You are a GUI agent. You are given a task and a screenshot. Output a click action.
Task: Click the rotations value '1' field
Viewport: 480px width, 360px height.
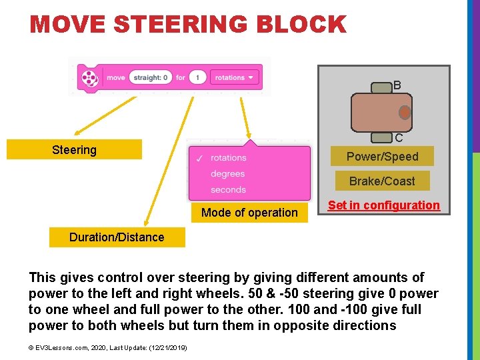click(197, 78)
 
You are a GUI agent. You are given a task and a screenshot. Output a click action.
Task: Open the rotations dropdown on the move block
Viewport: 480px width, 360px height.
click(235, 78)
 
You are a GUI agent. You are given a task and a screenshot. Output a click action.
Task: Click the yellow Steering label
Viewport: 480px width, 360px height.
click(74, 150)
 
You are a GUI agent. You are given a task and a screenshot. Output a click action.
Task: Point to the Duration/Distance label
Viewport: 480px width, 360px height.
click(117, 237)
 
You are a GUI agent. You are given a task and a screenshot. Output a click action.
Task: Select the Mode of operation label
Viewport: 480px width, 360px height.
click(249, 213)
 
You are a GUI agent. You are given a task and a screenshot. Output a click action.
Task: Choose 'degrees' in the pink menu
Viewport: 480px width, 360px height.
click(227, 174)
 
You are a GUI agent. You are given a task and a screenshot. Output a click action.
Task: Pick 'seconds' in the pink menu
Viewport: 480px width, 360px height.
click(228, 190)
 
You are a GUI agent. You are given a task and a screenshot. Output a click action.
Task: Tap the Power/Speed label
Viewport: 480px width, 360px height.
click(382, 157)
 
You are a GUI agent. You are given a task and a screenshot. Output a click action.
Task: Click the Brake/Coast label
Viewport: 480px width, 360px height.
click(382, 181)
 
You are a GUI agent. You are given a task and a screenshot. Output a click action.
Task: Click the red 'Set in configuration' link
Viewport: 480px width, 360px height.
click(384, 205)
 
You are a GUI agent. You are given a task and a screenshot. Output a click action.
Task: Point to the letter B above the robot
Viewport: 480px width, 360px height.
click(397, 85)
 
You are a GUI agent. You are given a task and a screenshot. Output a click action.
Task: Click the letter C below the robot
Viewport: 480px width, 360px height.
click(398, 139)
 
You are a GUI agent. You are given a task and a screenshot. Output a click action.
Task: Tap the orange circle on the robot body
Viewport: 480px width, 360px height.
click(405, 112)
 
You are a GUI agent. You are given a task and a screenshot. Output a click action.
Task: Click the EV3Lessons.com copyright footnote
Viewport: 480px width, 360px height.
click(108, 347)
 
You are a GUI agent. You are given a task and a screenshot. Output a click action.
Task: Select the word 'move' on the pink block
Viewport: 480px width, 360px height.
click(115, 78)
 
